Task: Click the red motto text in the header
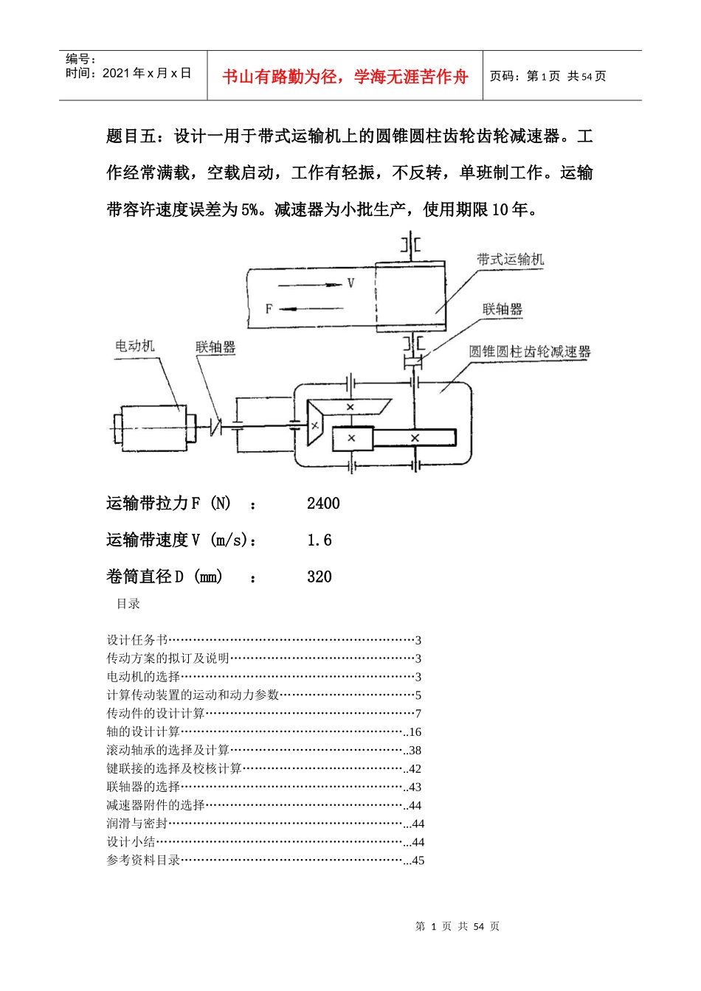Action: [x=345, y=77]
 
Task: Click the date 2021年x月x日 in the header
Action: [x=147, y=73]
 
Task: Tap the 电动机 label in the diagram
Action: [x=135, y=346]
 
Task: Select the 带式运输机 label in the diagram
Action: [x=510, y=259]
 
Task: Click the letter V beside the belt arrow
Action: [x=350, y=283]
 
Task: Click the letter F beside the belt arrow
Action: [x=269, y=309]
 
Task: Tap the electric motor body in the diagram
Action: [x=154, y=428]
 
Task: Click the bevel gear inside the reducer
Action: [x=315, y=425]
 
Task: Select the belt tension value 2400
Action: [x=323, y=504]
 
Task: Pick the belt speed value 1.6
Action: [x=320, y=540]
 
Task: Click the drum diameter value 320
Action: [x=320, y=577]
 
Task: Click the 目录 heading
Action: [x=128, y=604]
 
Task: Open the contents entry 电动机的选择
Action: [x=143, y=677]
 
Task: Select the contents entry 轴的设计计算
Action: [x=143, y=731]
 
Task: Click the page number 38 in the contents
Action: [x=415, y=751]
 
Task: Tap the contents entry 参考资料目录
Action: [x=143, y=860]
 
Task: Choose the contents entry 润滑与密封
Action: [x=137, y=824]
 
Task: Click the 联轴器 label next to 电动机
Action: [x=215, y=347]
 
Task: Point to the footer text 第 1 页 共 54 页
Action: [x=457, y=926]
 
